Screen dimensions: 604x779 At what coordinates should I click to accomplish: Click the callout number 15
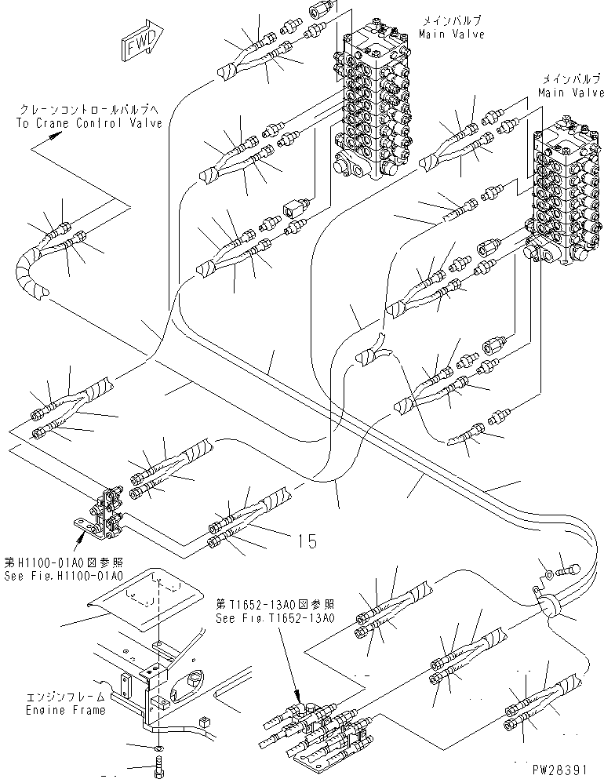(x=307, y=541)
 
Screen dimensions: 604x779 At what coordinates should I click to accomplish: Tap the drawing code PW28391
(x=561, y=769)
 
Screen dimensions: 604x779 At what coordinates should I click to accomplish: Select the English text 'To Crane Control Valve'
(x=89, y=122)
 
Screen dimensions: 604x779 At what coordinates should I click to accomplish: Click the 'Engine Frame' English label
(x=66, y=710)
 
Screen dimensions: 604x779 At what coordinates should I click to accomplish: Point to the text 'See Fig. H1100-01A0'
(x=63, y=576)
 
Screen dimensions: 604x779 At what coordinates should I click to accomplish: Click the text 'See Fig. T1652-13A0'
(x=275, y=618)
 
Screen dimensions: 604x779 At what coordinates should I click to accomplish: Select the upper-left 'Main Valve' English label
(x=452, y=34)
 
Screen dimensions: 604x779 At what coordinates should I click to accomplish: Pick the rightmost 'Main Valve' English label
(x=571, y=93)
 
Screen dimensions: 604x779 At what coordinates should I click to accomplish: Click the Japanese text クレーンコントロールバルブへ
(x=89, y=109)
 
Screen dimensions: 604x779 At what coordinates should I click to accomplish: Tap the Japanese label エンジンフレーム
(x=66, y=697)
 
